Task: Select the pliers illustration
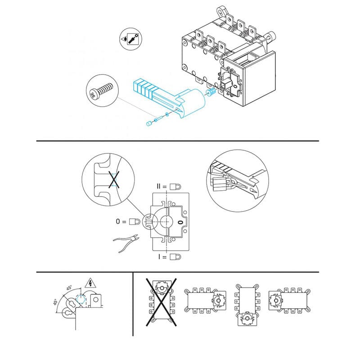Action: pyautogui.click(x=126, y=243)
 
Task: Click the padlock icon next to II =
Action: pyautogui.click(x=175, y=187)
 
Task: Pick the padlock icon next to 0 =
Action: pyautogui.click(x=135, y=222)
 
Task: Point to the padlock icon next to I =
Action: pyautogui.click(x=175, y=256)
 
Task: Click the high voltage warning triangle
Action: pyautogui.click(x=90, y=283)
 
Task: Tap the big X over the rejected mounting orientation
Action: pyautogui.click(x=162, y=302)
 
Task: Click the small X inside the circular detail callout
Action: pyautogui.click(x=114, y=180)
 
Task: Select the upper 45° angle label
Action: pyautogui.click(x=69, y=288)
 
